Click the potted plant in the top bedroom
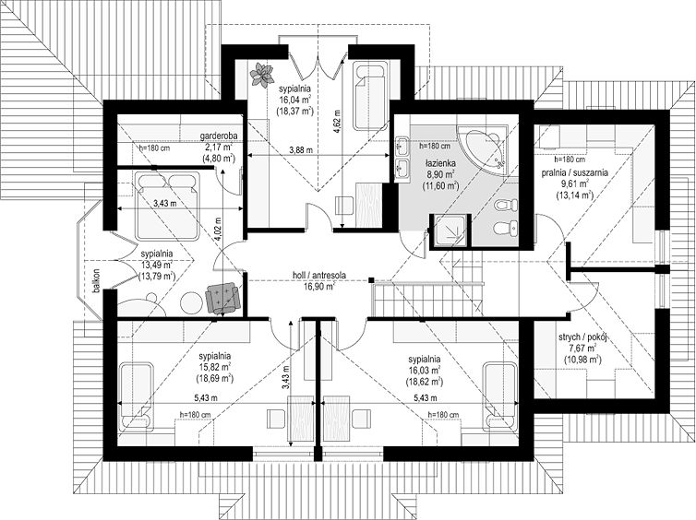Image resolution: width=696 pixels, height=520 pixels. tap(260, 74)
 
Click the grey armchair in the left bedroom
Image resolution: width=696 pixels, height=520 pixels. tap(222, 298)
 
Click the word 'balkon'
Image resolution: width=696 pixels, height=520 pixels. tap(95, 281)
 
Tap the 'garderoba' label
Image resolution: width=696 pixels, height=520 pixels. tap(218, 136)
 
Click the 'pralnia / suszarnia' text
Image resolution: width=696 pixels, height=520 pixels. tap(575, 173)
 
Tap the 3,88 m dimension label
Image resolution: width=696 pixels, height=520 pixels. tap(301, 150)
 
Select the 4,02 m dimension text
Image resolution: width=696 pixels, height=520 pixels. tap(218, 228)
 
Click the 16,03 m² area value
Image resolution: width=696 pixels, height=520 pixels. tap(425, 370)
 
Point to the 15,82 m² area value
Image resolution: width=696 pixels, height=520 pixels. tap(215, 367)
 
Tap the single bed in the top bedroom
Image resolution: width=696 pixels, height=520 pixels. tap(370, 97)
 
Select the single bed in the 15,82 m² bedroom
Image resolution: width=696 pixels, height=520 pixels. tap(137, 396)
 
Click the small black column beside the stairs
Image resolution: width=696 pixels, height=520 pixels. tap(371, 279)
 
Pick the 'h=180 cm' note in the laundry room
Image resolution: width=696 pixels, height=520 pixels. tap(570, 160)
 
